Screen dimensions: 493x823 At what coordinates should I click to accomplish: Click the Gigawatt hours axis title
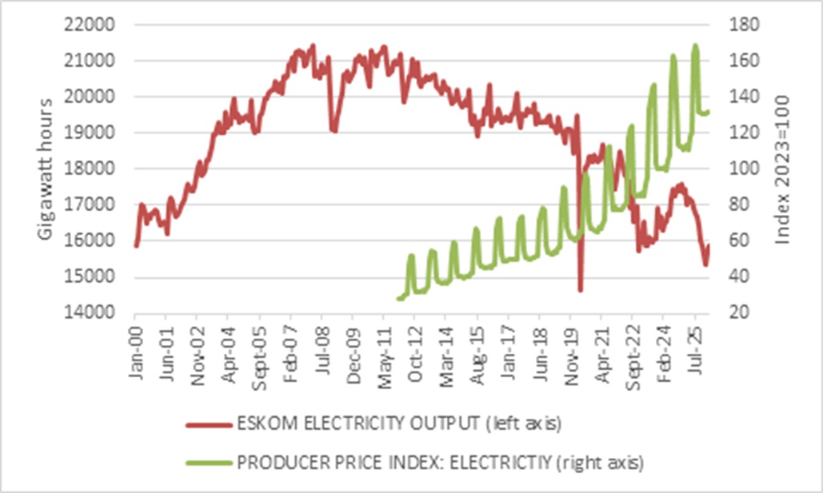click(46, 169)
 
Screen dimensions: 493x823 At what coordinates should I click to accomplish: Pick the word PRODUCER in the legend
click(272, 461)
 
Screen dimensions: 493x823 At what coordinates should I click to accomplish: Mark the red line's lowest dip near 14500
click(580, 290)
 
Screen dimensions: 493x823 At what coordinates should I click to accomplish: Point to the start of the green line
click(398, 299)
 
